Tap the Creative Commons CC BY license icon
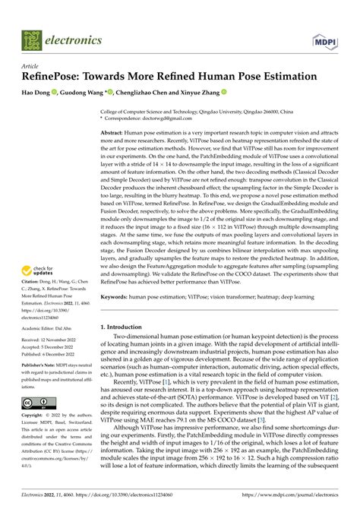[36, 402]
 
